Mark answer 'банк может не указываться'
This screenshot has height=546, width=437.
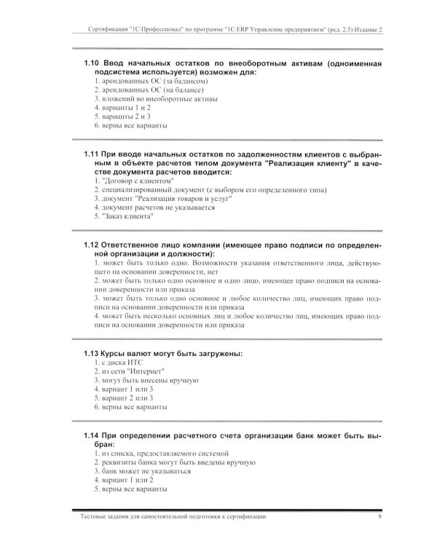tap(143, 470)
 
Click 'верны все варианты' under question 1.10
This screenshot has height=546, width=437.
tap(135, 125)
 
